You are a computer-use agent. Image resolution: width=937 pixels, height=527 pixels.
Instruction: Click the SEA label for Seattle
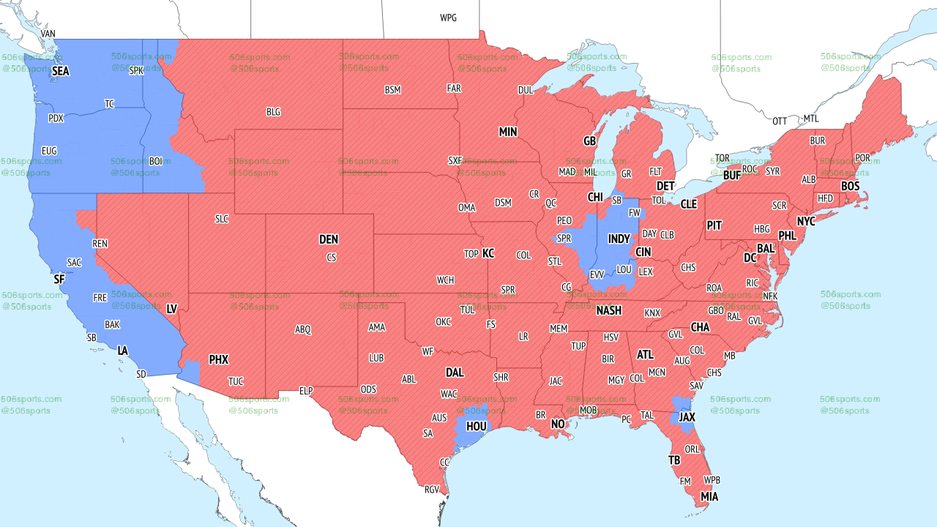[60, 72]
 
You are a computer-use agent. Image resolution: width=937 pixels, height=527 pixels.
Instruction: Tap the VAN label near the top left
[48, 34]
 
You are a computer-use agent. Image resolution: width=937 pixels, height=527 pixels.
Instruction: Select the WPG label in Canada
[448, 18]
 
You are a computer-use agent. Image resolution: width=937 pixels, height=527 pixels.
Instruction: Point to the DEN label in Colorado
[329, 239]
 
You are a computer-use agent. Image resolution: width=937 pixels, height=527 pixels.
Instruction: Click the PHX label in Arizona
[218, 359]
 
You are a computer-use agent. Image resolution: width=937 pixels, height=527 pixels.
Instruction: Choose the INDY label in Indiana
[619, 239]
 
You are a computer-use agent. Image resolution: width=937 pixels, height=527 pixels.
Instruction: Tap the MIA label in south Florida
[709, 497]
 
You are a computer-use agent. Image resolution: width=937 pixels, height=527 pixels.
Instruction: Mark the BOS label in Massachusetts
[850, 187]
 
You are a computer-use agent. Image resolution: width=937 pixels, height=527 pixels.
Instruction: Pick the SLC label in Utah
[222, 219]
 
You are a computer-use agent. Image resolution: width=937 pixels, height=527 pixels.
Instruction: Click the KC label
[488, 253]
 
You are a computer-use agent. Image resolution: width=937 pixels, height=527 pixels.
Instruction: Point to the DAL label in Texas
[455, 373]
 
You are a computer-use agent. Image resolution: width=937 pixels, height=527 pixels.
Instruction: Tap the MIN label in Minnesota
[508, 132]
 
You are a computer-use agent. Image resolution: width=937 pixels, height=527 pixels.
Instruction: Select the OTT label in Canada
[780, 121]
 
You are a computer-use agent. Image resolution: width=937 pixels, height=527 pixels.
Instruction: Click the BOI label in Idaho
[156, 160]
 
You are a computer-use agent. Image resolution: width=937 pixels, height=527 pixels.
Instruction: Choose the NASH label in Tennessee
[608, 310]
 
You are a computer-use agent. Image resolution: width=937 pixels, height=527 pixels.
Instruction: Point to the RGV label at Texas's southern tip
[432, 490]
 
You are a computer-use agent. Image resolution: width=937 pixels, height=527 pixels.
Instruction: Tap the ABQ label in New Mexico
[303, 329]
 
